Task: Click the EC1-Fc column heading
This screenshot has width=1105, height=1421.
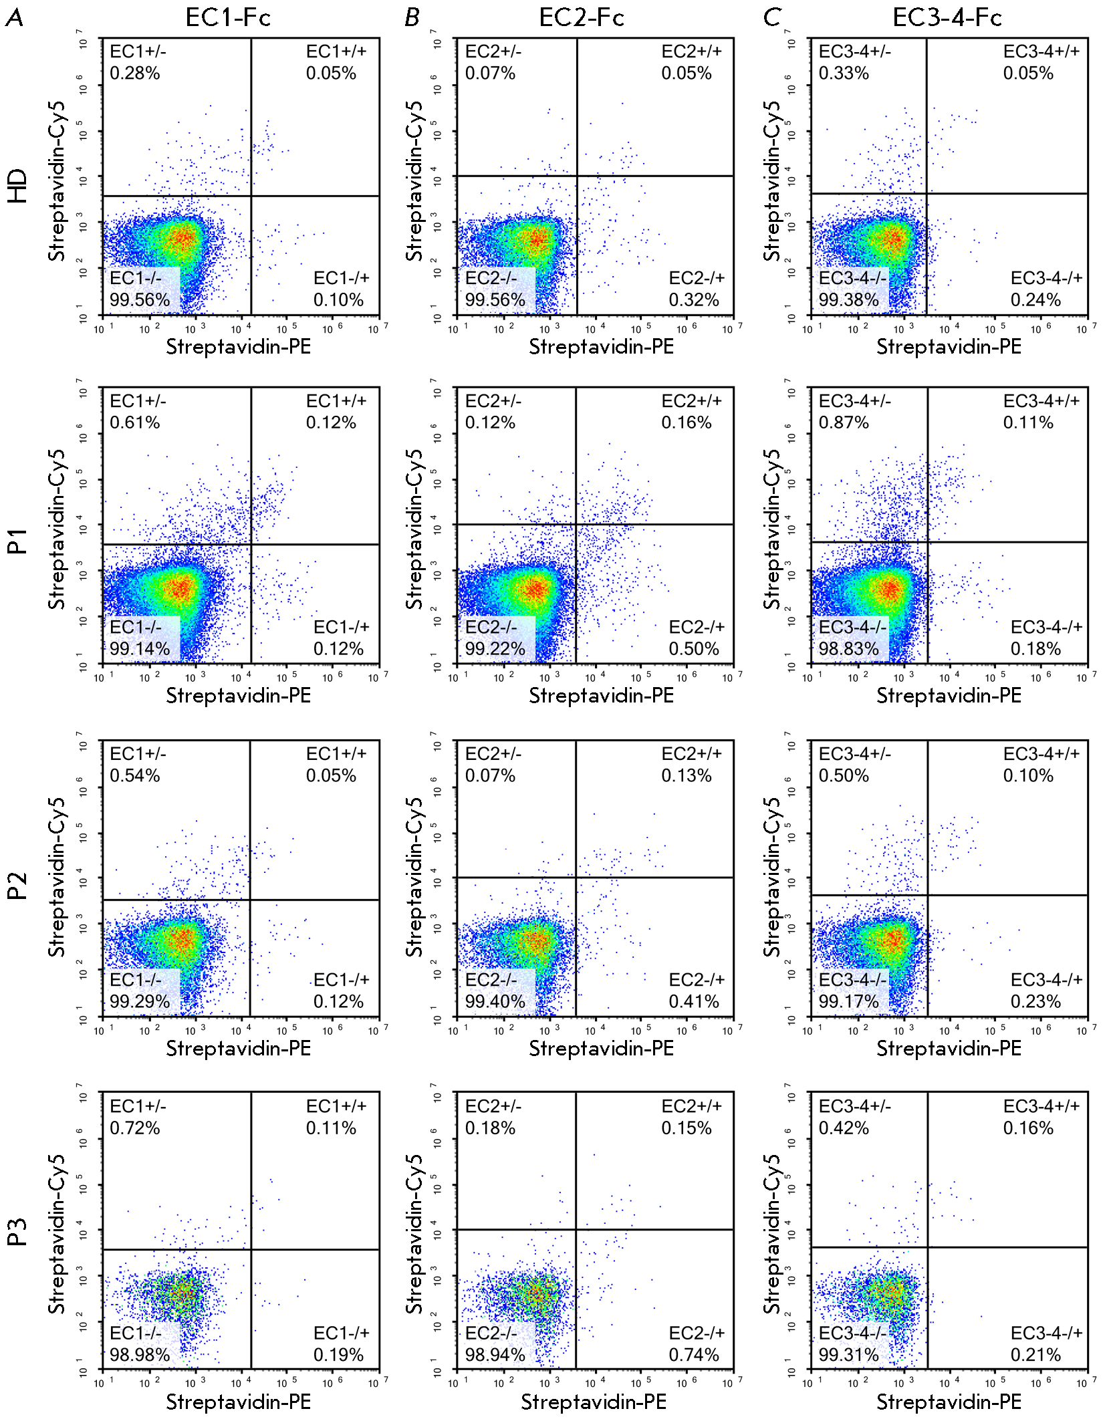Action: click(x=228, y=17)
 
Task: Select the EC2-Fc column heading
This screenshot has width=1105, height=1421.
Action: click(x=582, y=17)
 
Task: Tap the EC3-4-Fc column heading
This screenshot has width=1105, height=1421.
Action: click(x=947, y=17)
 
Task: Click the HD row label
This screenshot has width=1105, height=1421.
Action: click(x=17, y=186)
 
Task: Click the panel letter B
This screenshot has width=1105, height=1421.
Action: click(x=412, y=17)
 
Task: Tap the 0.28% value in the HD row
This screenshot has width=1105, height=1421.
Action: click(x=135, y=74)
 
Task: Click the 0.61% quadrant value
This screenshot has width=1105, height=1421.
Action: click(x=135, y=422)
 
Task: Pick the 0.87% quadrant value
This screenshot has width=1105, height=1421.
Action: click(x=844, y=422)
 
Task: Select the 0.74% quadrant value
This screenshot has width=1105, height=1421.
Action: click(x=694, y=1355)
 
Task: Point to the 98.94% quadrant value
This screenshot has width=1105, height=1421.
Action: click(x=495, y=1355)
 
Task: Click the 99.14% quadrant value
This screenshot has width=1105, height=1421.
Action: click(x=140, y=649)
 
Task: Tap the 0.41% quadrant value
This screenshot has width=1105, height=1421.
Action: click(x=694, y=1001)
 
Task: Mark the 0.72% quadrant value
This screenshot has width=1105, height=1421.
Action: click(x=135, y=1128)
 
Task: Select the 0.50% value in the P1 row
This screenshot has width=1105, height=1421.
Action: click(x=694, y=649)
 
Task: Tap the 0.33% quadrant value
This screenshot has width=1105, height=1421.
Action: click(x=844, y=74)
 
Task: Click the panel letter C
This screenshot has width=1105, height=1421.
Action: click(x=772, y=17)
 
